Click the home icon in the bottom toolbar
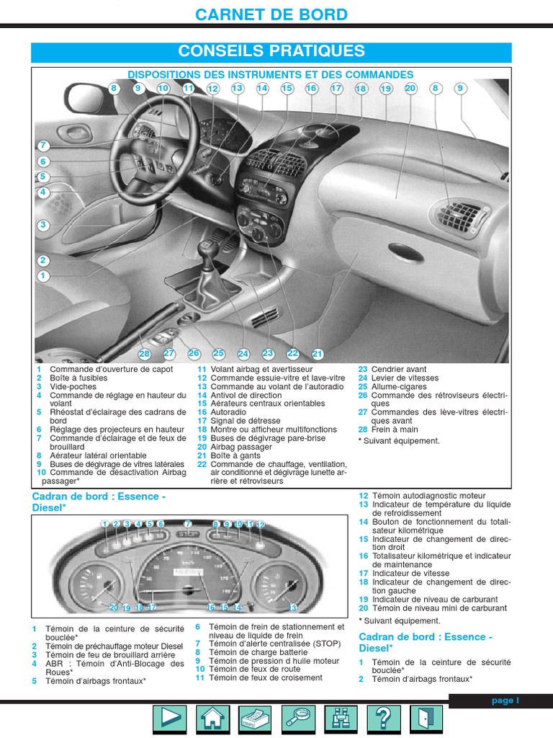pos(212,719)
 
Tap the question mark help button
pos(383,719)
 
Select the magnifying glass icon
pos(297,719)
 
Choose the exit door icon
pos(426,719)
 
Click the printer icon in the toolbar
pos(254,719)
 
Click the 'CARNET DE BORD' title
pos(271,14)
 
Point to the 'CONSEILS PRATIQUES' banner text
pos(271,51)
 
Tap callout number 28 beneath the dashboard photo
pos(145,354)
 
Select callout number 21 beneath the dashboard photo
pos(318,354)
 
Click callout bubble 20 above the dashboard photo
pos(410,89)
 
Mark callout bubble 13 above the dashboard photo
pos(238,89)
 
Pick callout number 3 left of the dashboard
pos(43,225)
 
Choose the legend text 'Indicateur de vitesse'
pos(408,574)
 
